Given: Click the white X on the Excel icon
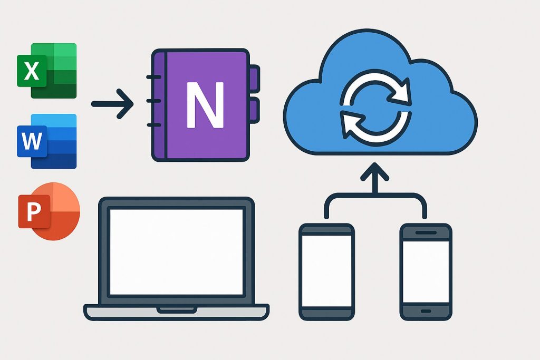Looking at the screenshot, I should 32,71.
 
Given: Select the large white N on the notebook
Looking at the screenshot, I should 205,105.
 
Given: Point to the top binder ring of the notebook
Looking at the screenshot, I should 153,78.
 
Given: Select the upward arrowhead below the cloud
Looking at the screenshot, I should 375,172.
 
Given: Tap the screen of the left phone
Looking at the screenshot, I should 326,270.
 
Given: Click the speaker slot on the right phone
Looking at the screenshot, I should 425,232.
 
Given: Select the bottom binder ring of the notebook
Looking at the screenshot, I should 153,125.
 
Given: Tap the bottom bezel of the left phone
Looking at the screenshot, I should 326,313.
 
